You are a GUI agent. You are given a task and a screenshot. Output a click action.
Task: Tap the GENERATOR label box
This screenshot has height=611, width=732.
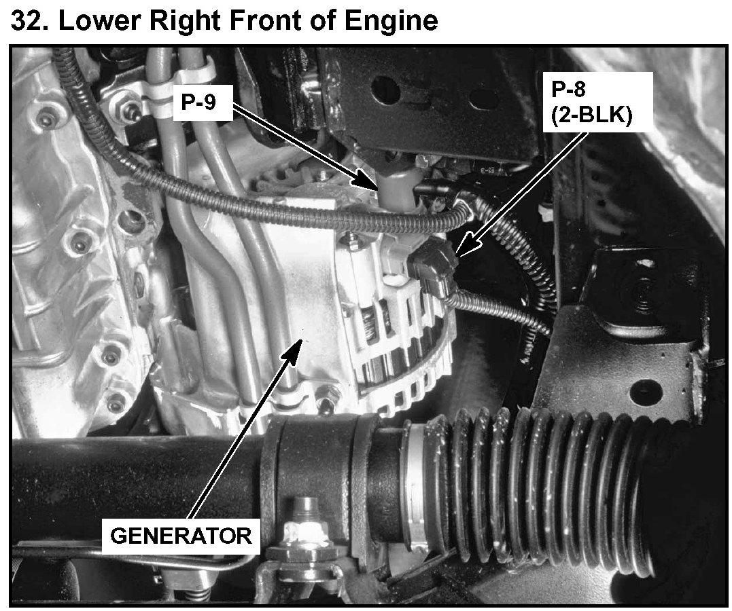coord(180,535)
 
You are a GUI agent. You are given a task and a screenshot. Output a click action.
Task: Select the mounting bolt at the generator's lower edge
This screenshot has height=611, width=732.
coord(331,392)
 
